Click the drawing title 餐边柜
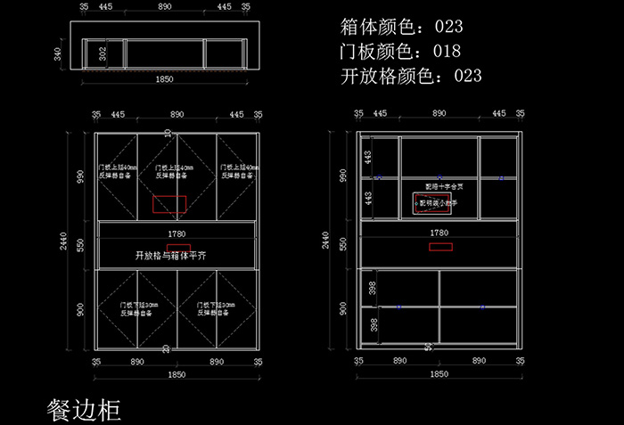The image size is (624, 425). coord(83,409)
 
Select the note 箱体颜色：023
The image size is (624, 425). coord(401,26)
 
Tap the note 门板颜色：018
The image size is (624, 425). coord(401,51)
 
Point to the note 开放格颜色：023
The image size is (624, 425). coord(411,76)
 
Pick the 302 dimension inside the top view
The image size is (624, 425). coord(103,54)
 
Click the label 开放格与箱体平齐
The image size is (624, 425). coord(171,254)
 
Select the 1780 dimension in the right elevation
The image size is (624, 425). coord(439,233)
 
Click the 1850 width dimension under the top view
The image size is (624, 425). coord(165,79)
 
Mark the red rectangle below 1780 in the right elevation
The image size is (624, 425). coord(440,245)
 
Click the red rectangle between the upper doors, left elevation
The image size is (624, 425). coord(169,204)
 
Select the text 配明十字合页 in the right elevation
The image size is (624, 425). coord(442,187)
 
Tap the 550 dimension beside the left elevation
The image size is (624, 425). coord(80,243)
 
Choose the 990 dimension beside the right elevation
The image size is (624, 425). coord(342,175)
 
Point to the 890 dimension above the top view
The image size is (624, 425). coord(165,6)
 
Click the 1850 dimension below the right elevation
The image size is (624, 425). coord(439,375)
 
